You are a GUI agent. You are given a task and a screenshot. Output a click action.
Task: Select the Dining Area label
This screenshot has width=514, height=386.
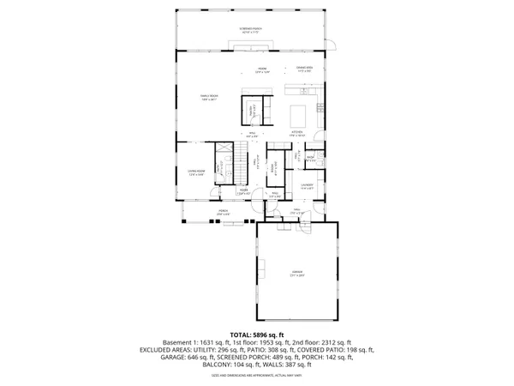[305, 69]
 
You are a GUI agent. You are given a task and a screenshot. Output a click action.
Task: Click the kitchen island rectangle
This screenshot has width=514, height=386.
[299, 114]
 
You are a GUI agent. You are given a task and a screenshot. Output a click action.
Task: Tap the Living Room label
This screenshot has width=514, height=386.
[196, 172]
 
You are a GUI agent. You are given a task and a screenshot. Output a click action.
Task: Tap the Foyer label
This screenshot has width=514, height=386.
[243, 192]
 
